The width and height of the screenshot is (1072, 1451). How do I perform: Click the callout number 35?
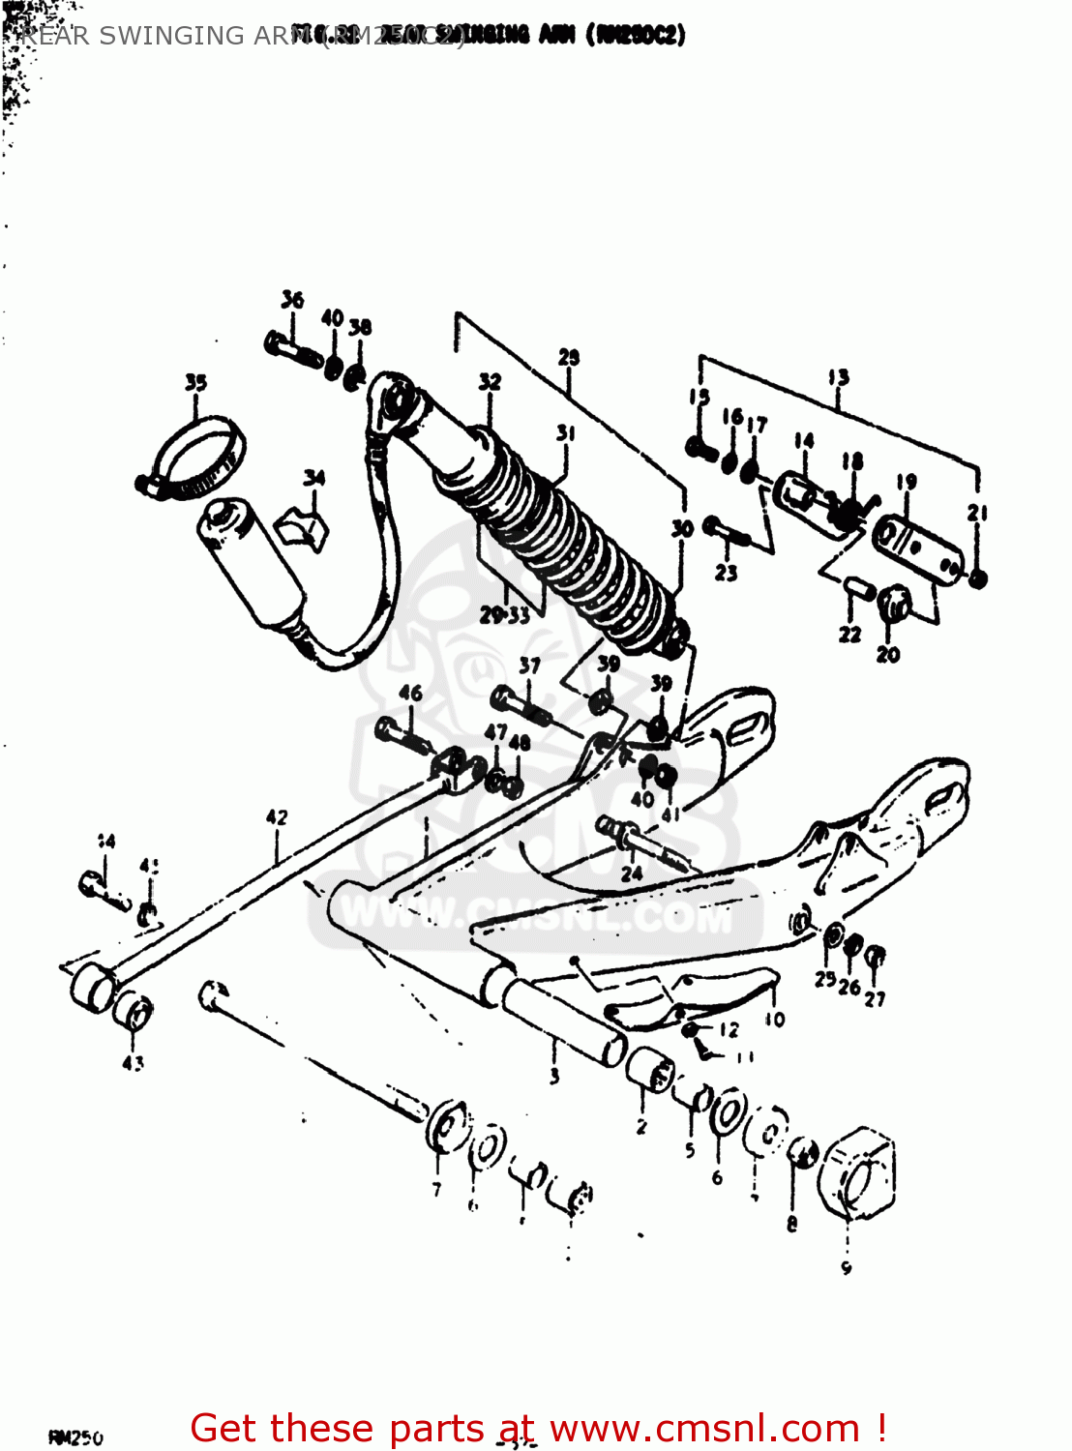coord(195,382)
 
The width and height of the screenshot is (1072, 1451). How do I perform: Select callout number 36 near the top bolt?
coord(292,300)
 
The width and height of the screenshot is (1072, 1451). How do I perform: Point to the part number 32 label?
coord(490,381)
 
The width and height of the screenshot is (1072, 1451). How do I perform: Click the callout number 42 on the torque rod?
coord(277,817)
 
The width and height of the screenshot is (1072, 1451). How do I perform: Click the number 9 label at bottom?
coord(847,1267)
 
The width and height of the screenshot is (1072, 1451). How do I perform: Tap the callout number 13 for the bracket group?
coord(838,377)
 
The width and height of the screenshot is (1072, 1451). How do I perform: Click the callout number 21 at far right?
coord(977,513)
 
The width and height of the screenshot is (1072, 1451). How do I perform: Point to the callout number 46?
coord(410,693)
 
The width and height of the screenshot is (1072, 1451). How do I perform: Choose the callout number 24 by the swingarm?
coord(632,873)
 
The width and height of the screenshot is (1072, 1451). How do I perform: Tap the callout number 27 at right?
coord(875,998)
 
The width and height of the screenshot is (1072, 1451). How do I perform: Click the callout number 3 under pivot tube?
coord(554,1076)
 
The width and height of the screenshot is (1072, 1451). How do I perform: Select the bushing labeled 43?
coord(133,1013)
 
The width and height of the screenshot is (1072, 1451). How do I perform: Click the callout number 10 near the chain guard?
coord(775,1019)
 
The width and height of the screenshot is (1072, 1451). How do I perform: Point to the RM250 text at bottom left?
coord(75,1438)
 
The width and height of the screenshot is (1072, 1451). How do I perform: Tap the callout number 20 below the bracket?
coord(888,655)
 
